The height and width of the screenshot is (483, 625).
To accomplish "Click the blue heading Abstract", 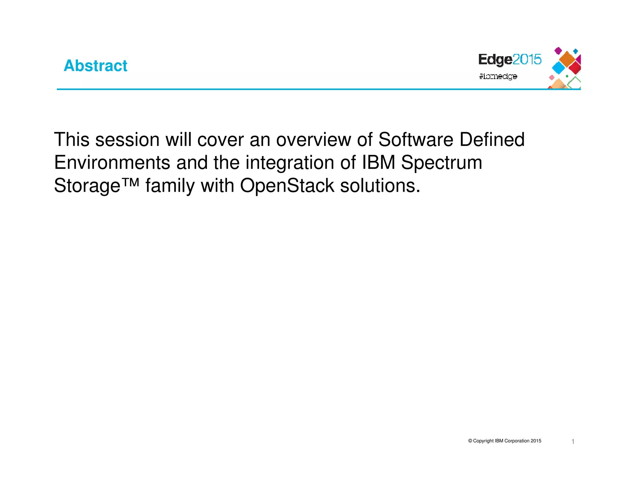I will pos(95,66).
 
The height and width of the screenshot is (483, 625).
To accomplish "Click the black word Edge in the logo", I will pos(495,60).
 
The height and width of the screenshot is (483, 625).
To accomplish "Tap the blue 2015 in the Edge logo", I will pos(527,59).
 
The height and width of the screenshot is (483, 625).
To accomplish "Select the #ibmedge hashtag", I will pos(498,76).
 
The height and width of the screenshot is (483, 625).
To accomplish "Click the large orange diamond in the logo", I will pos(567,59).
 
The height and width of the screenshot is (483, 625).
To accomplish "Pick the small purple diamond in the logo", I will pos(558,51).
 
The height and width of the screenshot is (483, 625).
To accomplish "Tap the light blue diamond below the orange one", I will pos(559,68).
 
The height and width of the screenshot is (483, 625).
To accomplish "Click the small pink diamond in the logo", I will pos(551,78).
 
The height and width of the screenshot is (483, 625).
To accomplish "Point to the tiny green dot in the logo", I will pos(567,76).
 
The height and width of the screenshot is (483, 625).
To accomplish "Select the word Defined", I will pos(492,140).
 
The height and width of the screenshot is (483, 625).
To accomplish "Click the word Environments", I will pos(112,162).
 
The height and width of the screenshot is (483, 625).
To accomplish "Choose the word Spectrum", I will pos(441,163).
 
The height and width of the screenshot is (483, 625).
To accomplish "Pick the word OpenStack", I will pos(287,186).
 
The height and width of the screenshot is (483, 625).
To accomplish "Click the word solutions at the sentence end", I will pos(380,186).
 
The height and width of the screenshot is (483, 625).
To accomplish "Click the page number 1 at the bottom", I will pos(573,441).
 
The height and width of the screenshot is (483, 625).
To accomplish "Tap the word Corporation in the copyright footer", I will pos(517,441).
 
